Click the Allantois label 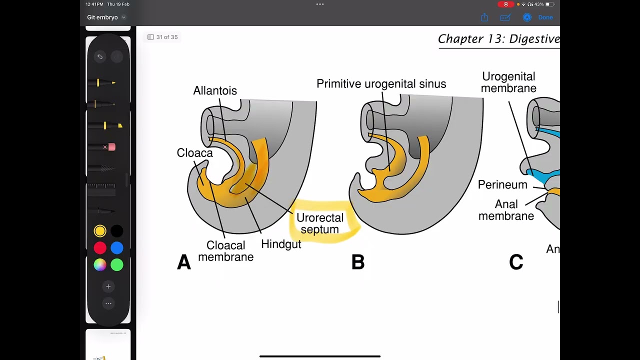coord(215,90)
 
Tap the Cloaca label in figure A coord(194,153)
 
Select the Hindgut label coord(281,244)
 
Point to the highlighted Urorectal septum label coord(320,223)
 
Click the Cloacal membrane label coord(226,251)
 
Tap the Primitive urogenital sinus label coord(381,84)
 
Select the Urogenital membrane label coord(508,82)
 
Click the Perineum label coord(502,185)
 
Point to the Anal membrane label coord(506,210)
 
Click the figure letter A coord(184,262)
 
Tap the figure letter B coord(358,262)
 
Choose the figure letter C coord(516,262)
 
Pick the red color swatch coord(100,248)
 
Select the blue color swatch coord(117,248)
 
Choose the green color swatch coord(117,264)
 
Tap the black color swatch coord(117,231)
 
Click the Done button coord(545,17)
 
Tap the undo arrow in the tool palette coord(100,57)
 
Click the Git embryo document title coord(102,17)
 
